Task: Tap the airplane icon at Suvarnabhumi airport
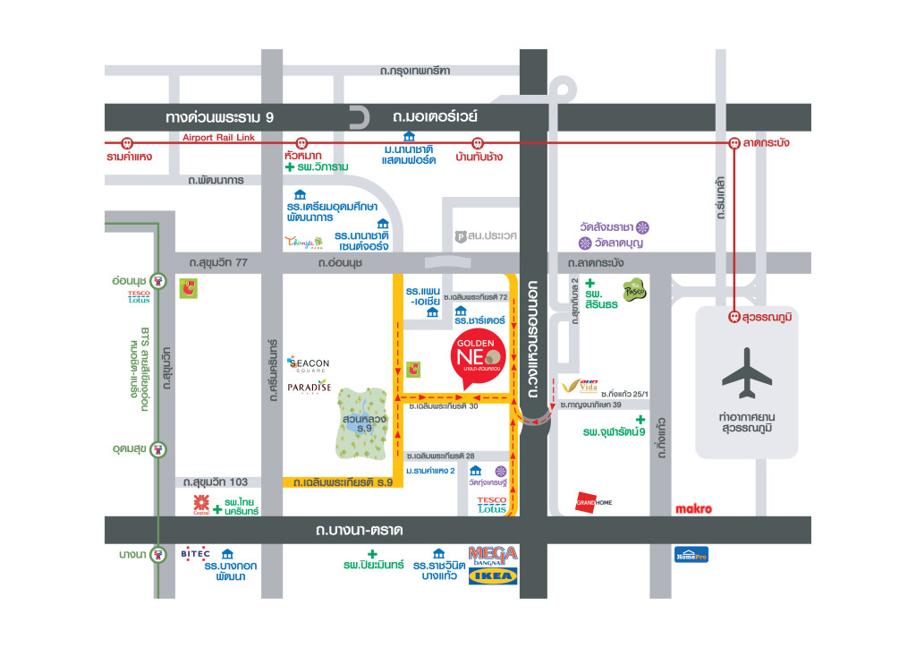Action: (x=746, y=373)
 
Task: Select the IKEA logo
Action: (x=493, y=576)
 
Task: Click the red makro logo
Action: (x=693, y=509)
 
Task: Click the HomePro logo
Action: (x=691, y=554)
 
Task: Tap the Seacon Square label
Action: (x=310, y=365)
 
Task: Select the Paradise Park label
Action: (x=310, y=388)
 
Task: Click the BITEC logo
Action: (x=195, y=554)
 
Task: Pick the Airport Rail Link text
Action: (x=219, y=137)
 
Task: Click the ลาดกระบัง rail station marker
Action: (x=734, y=142)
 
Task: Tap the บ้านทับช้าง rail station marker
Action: (x=478, y=142)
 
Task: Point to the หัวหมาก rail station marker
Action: (x=301, y=142)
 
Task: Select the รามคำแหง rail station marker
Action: (x=127, y=142)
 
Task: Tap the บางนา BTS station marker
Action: (x=158, y=554)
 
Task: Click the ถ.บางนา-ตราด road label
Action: (x=359, y=531)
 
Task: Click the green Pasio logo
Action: (x=634, y=288)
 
